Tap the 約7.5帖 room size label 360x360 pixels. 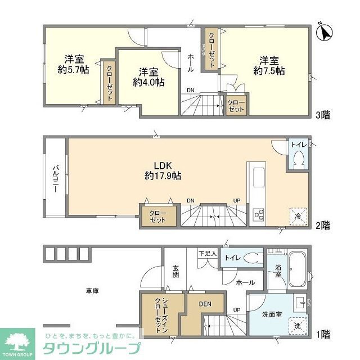point(269,71)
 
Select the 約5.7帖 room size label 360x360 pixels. point(74,70)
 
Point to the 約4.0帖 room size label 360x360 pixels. point(148,82)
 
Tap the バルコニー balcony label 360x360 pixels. point(56,179)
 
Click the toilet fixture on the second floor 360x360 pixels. point(298,159)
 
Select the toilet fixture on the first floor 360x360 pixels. point(255,259)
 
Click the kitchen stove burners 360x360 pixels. point(259,214)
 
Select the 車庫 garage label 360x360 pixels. point(93,291)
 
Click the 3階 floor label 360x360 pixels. point(322,115)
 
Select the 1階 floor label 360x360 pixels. point(322,335)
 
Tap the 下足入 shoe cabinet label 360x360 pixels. point(207,254)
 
